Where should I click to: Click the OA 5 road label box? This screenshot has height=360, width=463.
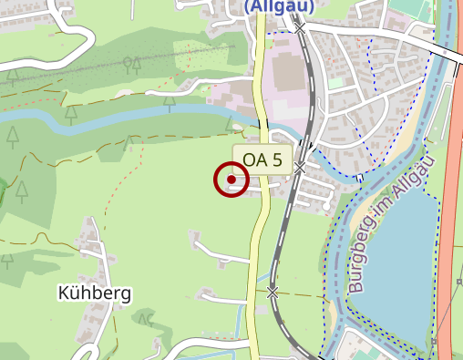[x=262, y=160]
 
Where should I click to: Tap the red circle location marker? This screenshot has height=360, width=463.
[x=231, y=180]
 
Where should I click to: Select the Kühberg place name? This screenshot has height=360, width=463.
[x=94, y=293]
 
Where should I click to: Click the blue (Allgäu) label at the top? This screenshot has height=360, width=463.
[x=278, y=5]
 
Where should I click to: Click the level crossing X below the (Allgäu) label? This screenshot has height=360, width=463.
[x=301, y=27]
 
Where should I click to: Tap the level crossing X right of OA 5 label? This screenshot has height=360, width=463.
[x=300, y=168]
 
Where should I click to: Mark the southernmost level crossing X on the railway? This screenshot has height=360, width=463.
[x=273, y=292]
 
